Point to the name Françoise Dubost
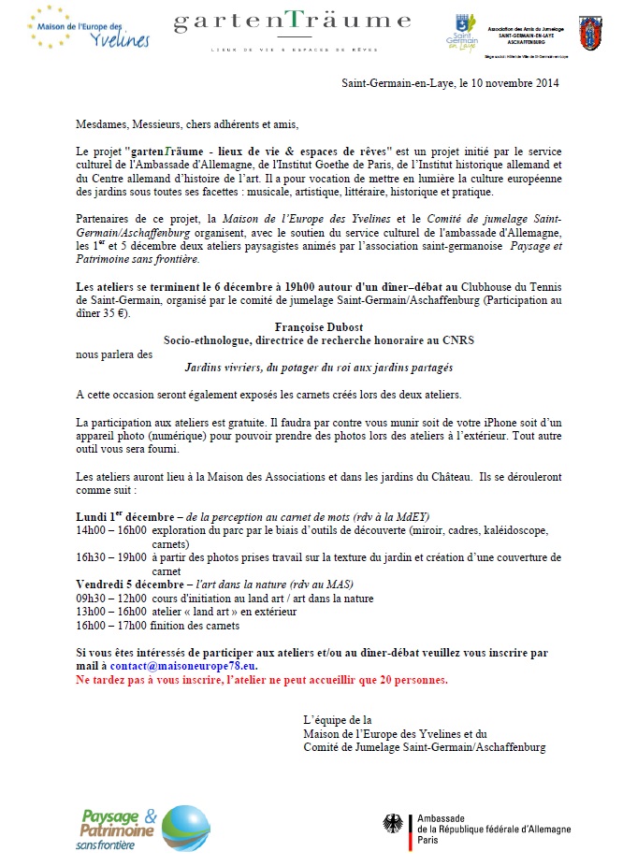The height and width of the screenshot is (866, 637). point(319,328)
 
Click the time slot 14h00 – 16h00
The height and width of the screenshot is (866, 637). point(111,530)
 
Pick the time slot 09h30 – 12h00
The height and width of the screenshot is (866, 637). point(111,599)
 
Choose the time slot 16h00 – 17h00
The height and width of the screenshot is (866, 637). point(111,626)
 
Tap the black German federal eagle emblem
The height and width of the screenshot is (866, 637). point(393,823)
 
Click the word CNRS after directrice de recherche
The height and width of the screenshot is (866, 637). point(457,341)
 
